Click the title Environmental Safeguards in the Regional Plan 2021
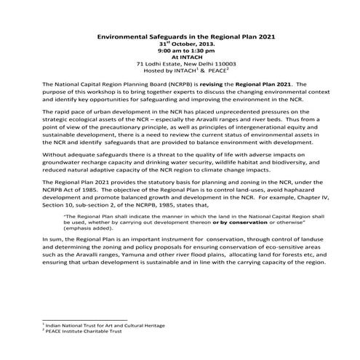179,36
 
